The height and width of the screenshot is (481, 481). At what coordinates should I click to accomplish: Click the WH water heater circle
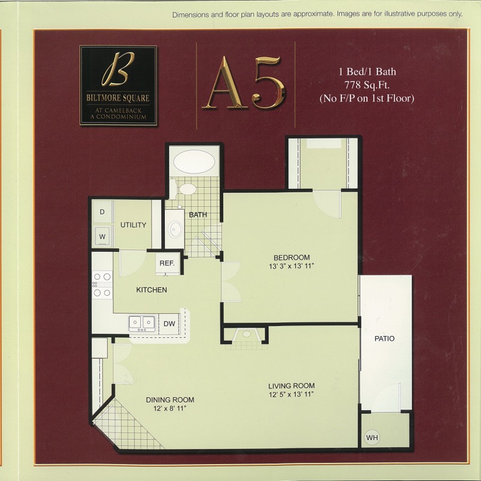tap(372, 437)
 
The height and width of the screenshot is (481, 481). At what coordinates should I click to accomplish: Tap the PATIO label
tap(384, 339)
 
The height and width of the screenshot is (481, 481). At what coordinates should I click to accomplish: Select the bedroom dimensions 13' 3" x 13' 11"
tap(292, 266)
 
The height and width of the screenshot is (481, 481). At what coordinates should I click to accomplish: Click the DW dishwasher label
tap(170, 323)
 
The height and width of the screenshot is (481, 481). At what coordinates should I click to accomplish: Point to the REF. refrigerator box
tap(167, 263)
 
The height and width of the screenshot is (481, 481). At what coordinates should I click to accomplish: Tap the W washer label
tap(102, 236)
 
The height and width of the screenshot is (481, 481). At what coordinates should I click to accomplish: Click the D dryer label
tap(102, 212)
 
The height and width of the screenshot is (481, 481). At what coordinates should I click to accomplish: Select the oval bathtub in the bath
tap(194, 162)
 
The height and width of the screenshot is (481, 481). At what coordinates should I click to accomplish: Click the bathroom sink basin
tap(176, 228)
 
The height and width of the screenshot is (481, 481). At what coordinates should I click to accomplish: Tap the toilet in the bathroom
tap(184, 188)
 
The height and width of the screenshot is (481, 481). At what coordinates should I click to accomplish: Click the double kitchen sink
tap(142, 323)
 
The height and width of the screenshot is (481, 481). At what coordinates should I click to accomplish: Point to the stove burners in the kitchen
tap(102, 284)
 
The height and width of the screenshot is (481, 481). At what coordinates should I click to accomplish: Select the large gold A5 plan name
tap(244, 83)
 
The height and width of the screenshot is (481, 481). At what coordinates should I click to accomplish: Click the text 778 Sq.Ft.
tap(367, 85)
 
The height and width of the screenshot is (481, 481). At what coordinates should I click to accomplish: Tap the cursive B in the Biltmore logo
tap(118, 69)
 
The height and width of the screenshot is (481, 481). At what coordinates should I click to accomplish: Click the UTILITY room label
tap(133, 225)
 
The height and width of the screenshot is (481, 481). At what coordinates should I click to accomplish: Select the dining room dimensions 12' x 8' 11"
tap(170, 408)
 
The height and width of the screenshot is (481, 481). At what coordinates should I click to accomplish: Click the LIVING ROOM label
tap(292, 386)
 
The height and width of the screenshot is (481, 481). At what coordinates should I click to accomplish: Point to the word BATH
tap(198, 215)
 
